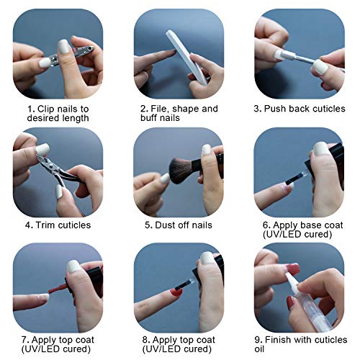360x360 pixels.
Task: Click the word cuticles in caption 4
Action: pos(73,225)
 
